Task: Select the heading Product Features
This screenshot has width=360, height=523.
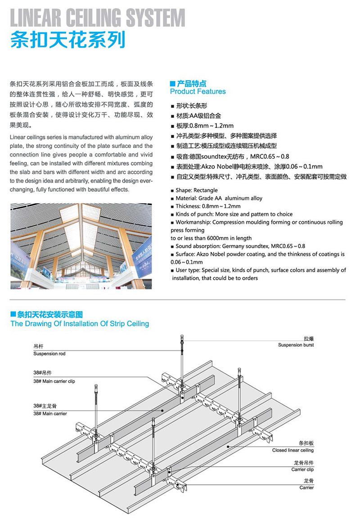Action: point(198,91)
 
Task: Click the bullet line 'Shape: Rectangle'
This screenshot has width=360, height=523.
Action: point(197,190)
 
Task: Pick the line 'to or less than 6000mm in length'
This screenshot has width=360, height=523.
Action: point(211,238)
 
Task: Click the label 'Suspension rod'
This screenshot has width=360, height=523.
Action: point(49,354)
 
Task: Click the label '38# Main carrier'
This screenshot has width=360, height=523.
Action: point(50,413)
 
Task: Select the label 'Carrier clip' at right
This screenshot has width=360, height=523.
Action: point(302,469)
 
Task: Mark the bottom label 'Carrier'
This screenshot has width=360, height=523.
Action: point(306,487)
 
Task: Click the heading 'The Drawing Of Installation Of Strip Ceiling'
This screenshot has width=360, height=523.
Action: point(79,323)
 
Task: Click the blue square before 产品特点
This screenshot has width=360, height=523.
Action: point(172,83)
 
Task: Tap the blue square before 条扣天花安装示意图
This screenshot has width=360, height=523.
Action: point(13,315)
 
